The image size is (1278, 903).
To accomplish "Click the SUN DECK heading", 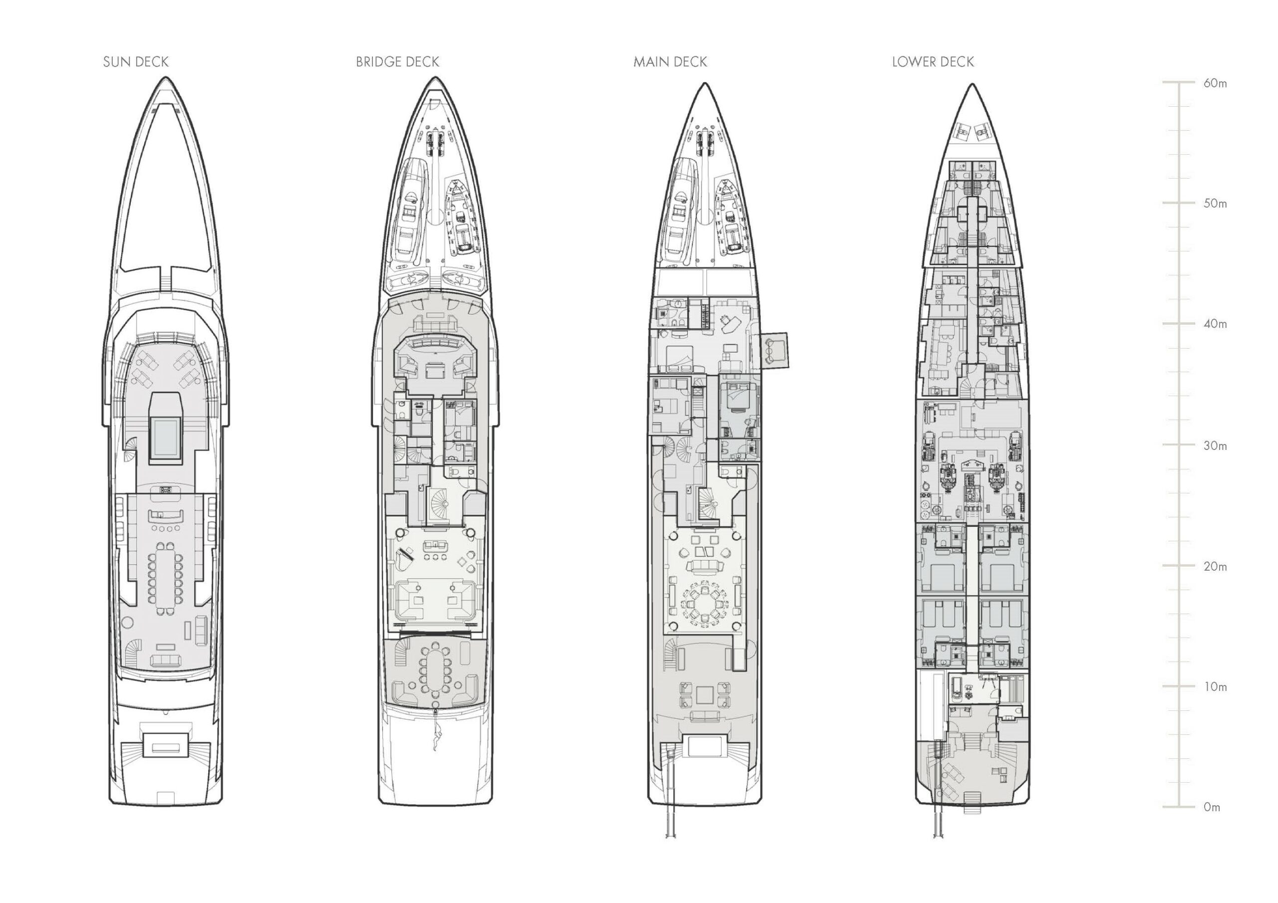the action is coord(136,62).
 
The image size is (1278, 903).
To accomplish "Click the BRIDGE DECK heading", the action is coord(397,62).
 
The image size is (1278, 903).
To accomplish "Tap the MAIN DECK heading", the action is coord(670,62).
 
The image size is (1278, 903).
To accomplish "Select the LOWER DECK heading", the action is coord(933,62).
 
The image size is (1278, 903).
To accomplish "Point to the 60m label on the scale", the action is coord(1215,83).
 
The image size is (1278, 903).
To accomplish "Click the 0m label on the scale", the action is coord(1212,807).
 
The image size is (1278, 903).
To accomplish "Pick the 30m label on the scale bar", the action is coord(1215,446).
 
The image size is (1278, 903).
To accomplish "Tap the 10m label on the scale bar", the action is coord(1215,686).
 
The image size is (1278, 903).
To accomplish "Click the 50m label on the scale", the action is coord(1215,204).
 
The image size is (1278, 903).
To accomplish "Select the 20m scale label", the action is coord(1215,566).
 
